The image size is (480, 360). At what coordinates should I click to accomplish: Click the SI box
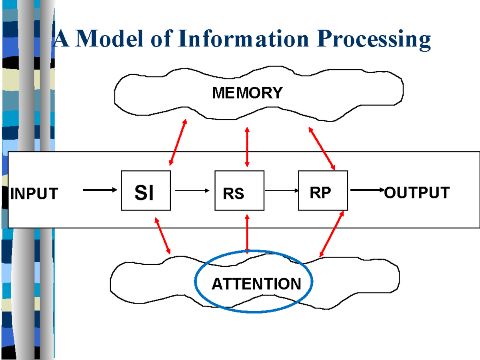pos(146,190)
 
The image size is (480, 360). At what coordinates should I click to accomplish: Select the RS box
pos(240,190)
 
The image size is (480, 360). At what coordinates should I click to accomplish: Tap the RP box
pos(323,190)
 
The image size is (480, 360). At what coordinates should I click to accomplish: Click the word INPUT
pos(34,194)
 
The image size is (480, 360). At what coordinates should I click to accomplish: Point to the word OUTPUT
pos(417,193)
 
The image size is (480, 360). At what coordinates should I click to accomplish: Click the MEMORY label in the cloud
pos(247,93)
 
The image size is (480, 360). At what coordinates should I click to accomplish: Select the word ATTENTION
pos(256,284)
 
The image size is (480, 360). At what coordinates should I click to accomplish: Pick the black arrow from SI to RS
pos(192,190)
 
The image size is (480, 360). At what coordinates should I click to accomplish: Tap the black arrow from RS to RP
pos(281,191)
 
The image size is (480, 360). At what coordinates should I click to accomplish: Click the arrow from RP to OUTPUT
pos(367,190)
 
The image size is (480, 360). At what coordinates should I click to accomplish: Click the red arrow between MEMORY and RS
pos(247,147)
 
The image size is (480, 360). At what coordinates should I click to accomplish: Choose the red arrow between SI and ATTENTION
pos(163,236)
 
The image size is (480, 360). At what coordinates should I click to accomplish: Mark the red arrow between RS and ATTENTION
pos(247,234)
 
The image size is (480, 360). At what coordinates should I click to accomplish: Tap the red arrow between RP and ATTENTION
pos(332,234)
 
